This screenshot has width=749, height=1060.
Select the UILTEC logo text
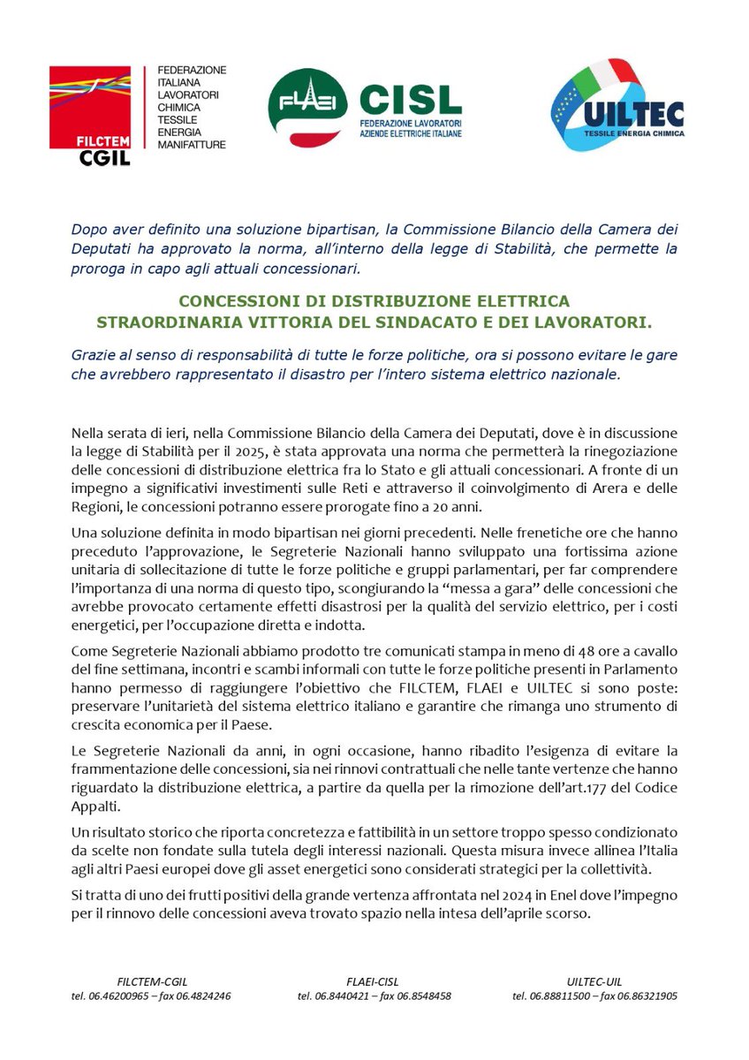coord(646,116)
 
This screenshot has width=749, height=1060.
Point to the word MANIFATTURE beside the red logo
coord(192,144)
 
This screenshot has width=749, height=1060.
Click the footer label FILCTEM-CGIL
coord(151,980)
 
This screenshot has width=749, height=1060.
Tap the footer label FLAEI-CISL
coord(374,980)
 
